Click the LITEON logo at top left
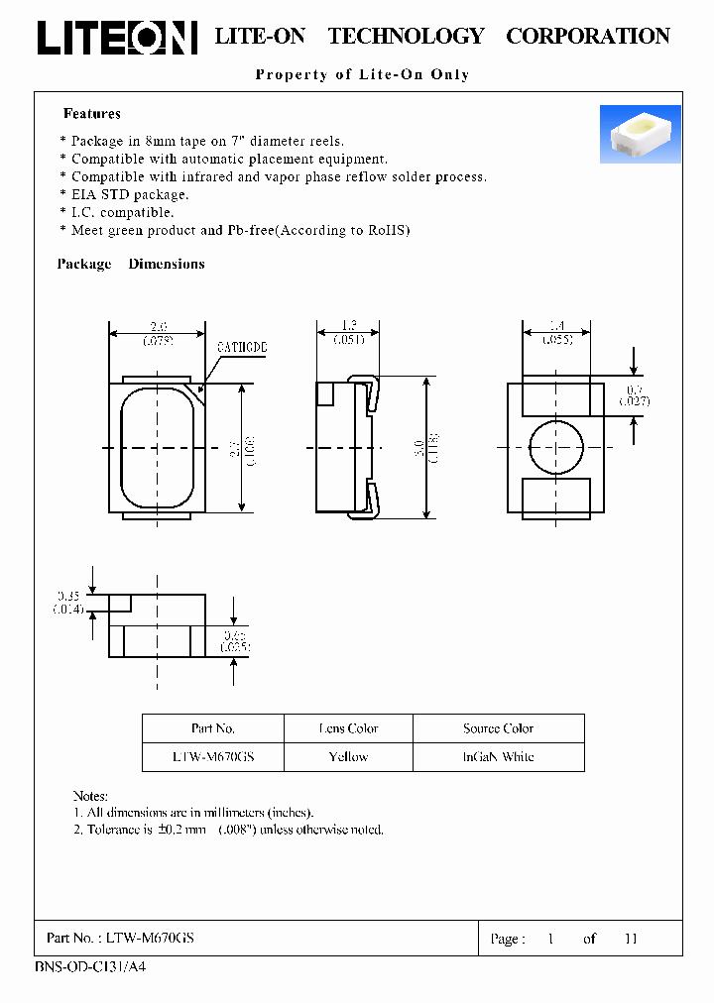[x=116, y=37]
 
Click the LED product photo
[x=640, y=134]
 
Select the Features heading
[x=92, y=114]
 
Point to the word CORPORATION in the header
[x=588, y=37]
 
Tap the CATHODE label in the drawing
[x=242, y=348]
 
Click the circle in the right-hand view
[x=556, y=447]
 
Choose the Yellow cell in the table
[x=348, y=756]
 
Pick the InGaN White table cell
[x=498, y=756]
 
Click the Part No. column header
[x=213, y=728]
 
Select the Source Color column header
[x=498, y=728]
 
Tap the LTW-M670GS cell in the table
[x=213, y=756]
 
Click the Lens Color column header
[x=348, y=728]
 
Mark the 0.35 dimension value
[x=68, y=596]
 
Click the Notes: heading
[x=90, y=796]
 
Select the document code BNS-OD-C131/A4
[x=90, y=966]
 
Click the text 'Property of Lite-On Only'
[x=362, y=74]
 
